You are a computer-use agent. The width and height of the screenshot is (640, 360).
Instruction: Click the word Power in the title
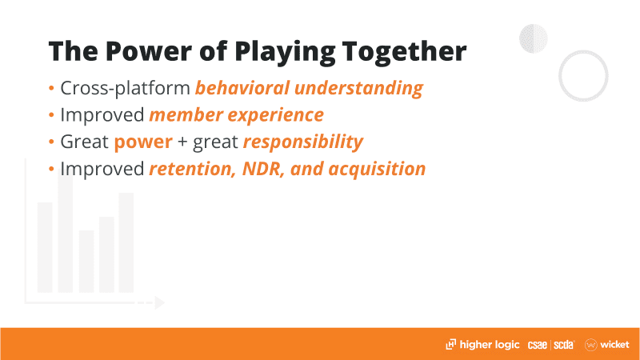pos(148,51)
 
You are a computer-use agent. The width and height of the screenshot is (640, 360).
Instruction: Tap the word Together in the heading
pos(404,53)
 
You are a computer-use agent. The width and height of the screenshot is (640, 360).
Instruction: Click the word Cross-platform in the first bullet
pos(125,88)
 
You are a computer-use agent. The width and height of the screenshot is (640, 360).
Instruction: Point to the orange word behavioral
pos(242,88)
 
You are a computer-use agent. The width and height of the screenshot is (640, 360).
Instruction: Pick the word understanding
pos(358,89)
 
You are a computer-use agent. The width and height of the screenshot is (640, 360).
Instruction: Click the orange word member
pos(186,114)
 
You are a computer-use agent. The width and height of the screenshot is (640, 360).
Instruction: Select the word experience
pos(275,115)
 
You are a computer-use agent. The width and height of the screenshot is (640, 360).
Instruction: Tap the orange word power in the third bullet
pos(143,142)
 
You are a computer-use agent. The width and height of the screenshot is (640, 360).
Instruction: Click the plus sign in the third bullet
pos(183,142)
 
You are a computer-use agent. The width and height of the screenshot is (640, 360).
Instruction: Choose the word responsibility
pos(303,142)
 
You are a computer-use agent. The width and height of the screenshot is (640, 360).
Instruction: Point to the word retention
pos(193,169)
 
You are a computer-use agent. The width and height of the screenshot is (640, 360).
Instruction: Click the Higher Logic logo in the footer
pos(482,345)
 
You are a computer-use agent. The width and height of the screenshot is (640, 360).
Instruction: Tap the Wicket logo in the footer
pos(607,345)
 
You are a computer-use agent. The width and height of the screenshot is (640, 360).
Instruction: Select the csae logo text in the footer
pos(537,345)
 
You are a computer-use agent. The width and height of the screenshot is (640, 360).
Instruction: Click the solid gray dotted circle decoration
pos(533,38)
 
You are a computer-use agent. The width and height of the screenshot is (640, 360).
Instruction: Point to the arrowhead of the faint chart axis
pos(159,302)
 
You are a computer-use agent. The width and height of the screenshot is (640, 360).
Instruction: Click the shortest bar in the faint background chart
pos(86,262)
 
